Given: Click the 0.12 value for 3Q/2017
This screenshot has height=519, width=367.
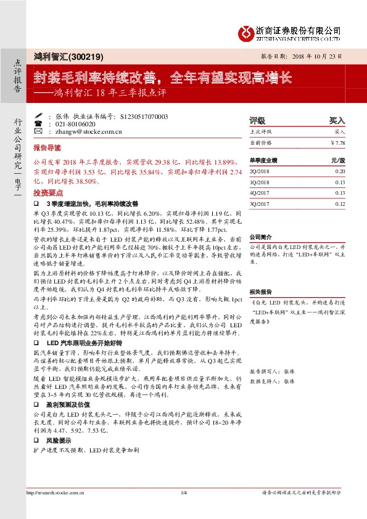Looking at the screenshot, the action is [340, 203].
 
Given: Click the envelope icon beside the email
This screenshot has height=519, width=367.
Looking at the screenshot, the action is [39, 131].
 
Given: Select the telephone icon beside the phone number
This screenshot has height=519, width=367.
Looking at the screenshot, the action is [39, 123].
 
